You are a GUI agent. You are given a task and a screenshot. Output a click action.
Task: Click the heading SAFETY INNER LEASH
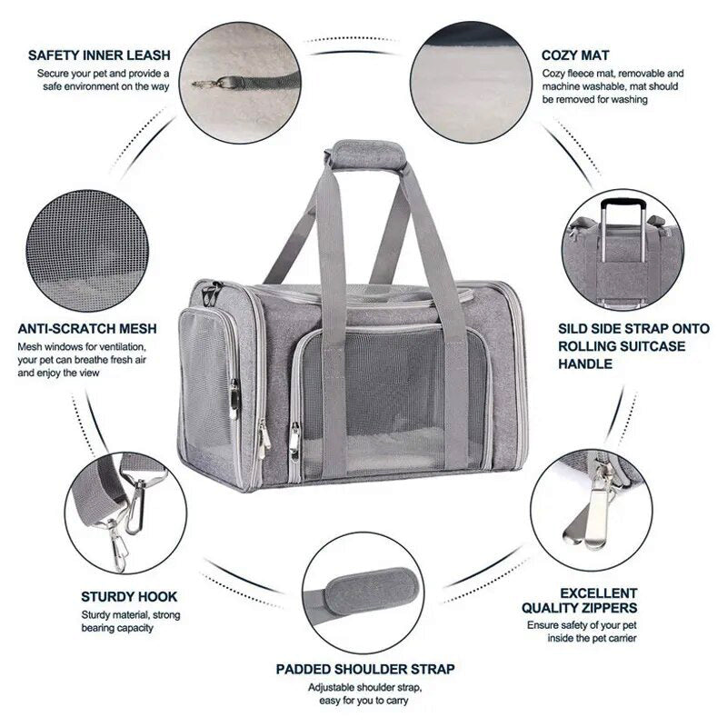pos(99,55)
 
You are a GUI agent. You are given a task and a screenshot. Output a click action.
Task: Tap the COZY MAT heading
pos(575,55)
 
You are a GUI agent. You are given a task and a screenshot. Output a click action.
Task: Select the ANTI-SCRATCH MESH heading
pos(87,329)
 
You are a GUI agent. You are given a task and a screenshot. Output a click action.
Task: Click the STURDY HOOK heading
pos(129,597)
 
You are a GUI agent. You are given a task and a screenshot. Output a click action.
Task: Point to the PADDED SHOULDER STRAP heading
pos(365,669)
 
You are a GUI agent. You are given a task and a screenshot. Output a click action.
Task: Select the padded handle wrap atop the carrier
pos(365,155)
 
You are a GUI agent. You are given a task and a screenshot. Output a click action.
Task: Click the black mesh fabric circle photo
pos(87,251)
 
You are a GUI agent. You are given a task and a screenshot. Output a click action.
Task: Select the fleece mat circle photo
pos(471,82)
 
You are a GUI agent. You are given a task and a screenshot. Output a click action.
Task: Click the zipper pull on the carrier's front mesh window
pos(294,442)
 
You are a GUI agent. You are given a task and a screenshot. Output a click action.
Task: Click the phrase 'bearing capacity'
pos(117,628)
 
